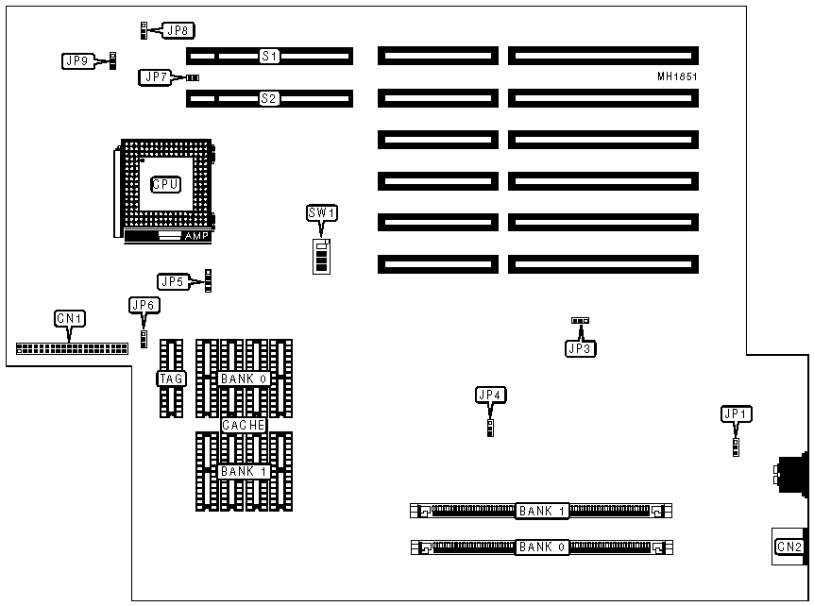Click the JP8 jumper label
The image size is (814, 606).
177,30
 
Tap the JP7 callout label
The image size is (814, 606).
155,77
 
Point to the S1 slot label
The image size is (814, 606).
269,57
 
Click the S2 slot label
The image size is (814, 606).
269,97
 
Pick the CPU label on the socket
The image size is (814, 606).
166,184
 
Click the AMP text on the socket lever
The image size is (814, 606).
196,235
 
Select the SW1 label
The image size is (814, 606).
322,213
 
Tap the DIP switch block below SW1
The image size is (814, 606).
322,255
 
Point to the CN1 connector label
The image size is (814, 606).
71,319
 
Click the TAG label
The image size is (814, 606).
171,379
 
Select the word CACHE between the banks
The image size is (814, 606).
244,426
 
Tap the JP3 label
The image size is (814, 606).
580,348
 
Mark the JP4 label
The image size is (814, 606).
491,396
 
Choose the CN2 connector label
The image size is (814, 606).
789,547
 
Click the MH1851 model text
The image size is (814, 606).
677,76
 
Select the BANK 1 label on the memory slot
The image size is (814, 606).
541,512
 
